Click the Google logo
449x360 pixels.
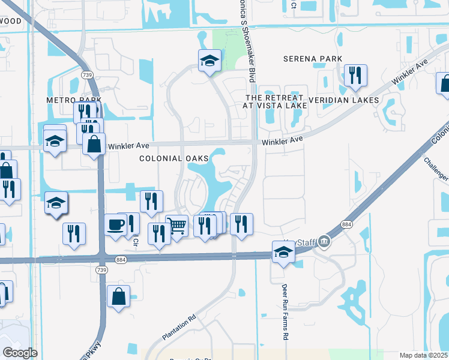click(20, 353)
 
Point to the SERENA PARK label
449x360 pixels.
click(313, 59)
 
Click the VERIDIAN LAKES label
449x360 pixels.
click(343, 100)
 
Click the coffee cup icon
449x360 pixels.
click(115, 225)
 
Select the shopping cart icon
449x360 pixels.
click(176, 226)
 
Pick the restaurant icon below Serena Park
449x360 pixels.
click(355, 75)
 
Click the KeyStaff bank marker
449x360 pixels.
click(325, 241)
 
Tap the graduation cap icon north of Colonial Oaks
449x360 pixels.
click(209, 60)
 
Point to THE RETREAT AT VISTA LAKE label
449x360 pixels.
click(275, 101)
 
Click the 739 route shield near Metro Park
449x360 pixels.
click(88, 75)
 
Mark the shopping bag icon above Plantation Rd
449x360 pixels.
click(119, 296)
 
